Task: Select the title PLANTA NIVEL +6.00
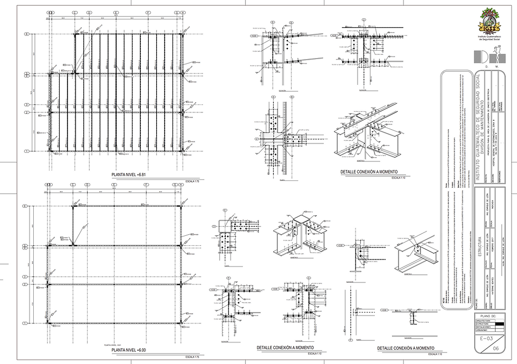(x=129, y=350)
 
